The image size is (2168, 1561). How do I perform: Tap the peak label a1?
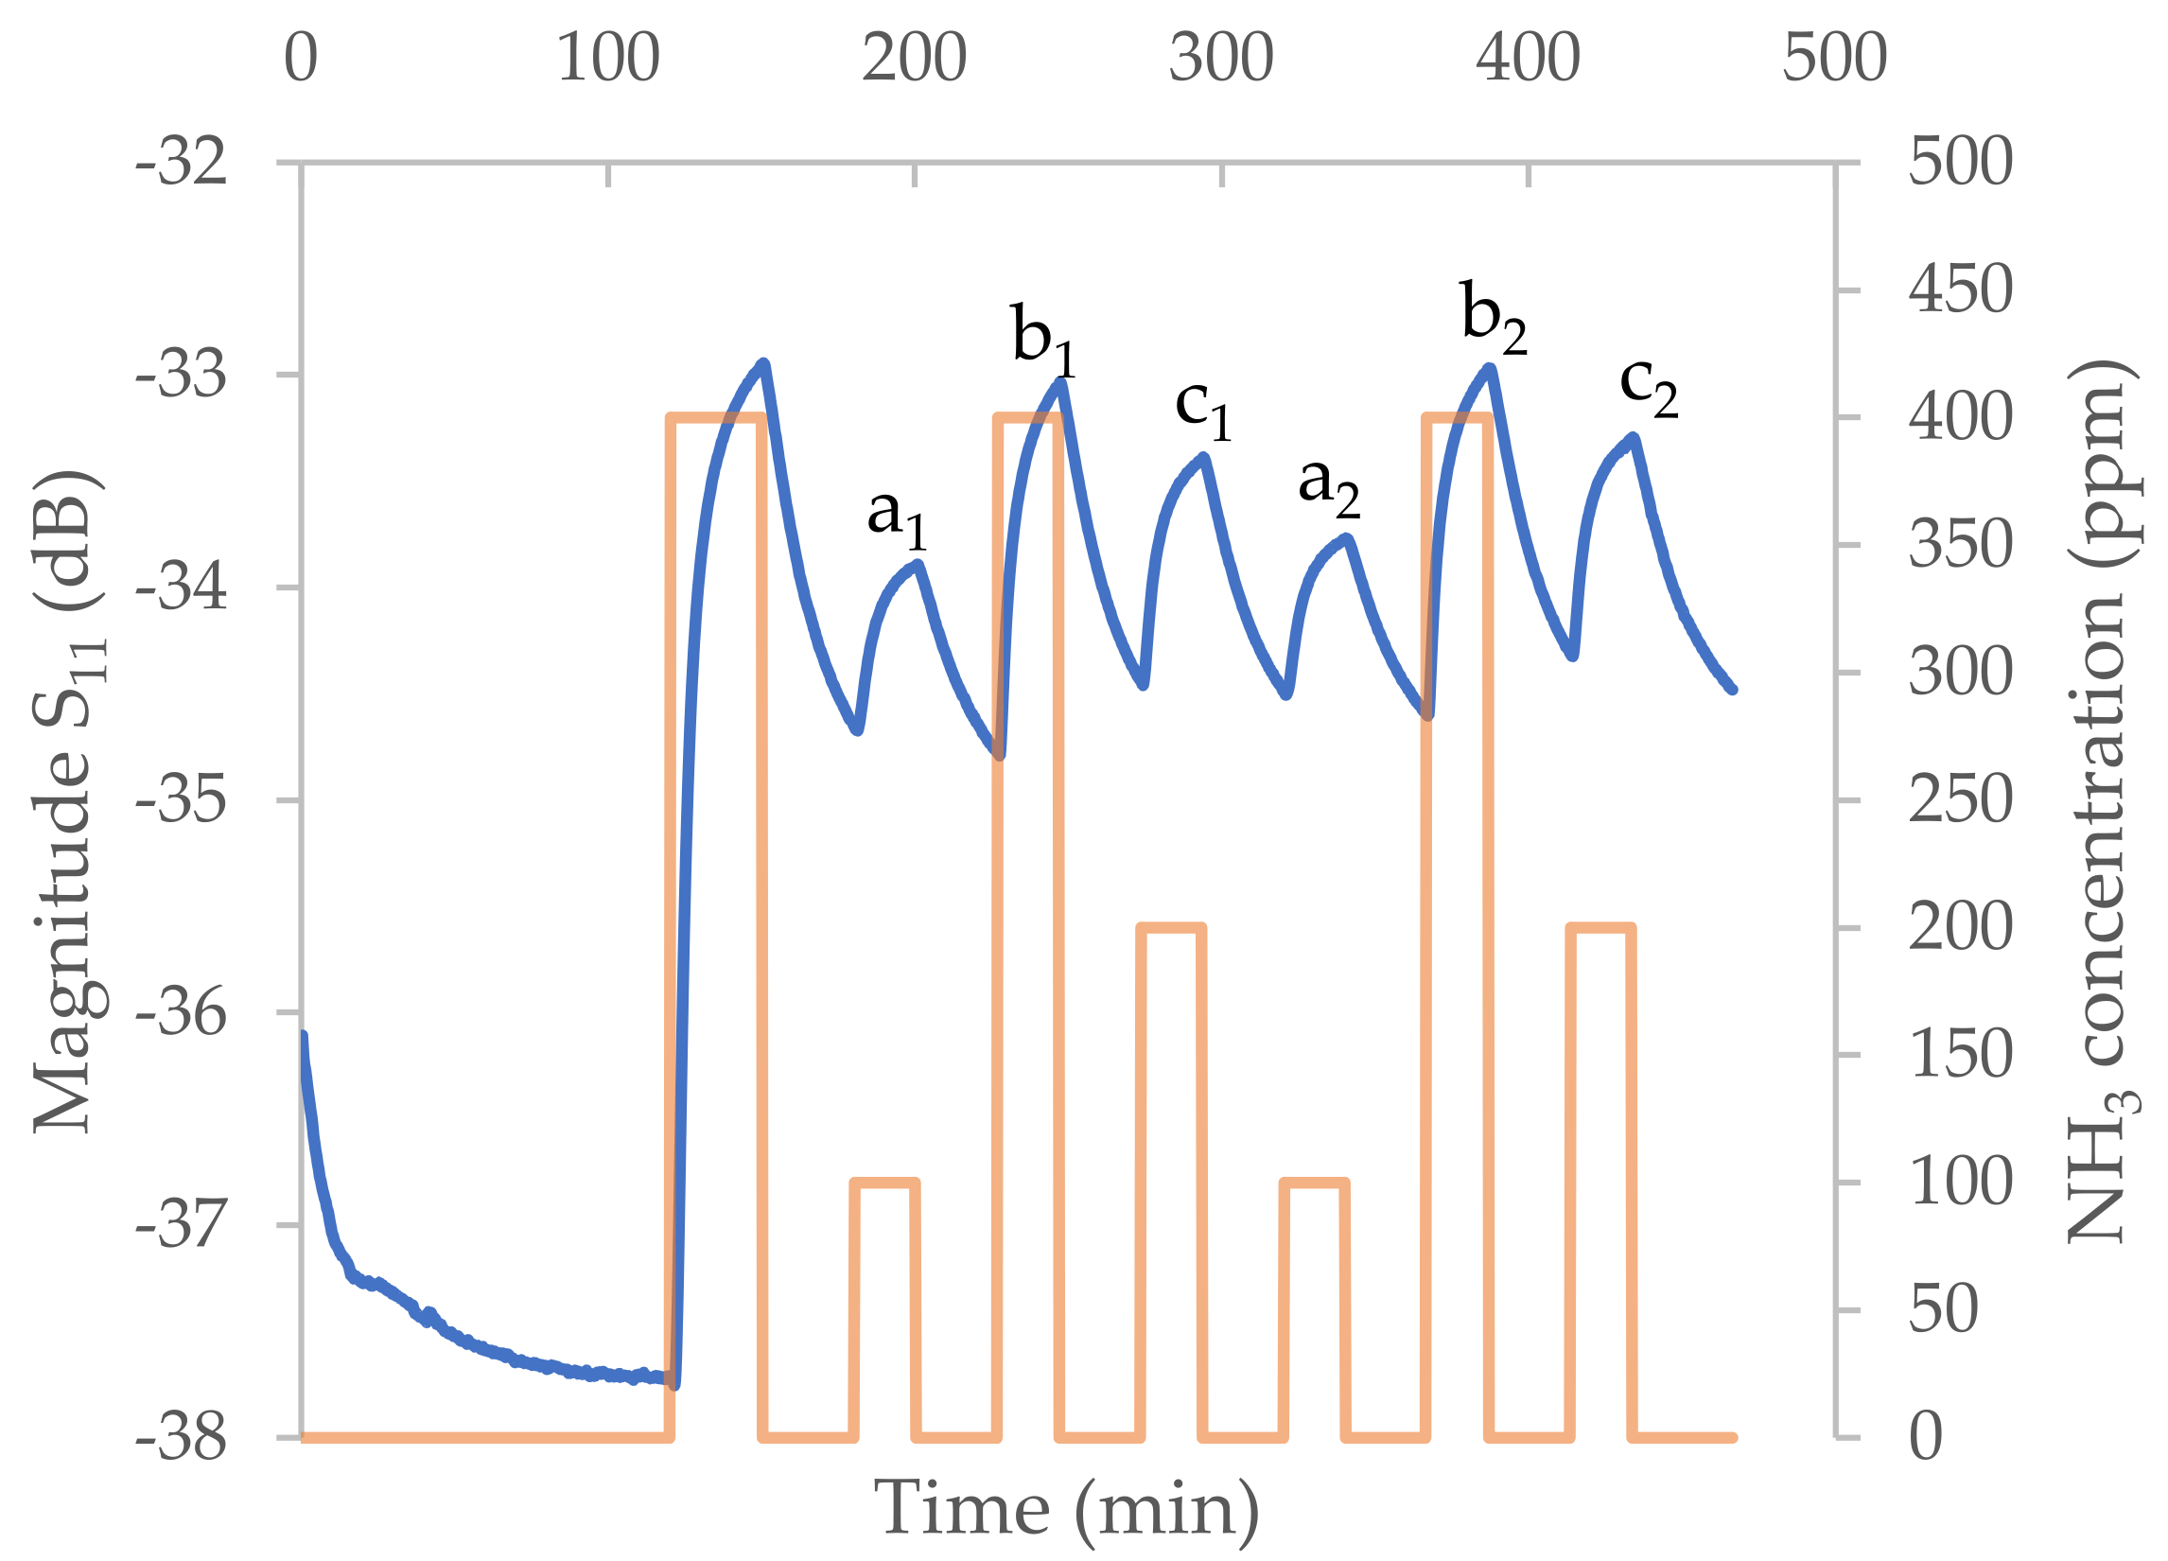[x=896, y=517]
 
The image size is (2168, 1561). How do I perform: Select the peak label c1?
[x=1202, y=409]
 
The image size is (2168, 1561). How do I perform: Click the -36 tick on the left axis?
[x=182, y=1012]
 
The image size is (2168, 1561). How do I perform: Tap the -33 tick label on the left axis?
[x=182, y=374]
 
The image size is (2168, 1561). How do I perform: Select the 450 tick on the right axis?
[x=1960, y=289]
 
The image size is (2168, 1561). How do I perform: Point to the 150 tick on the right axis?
[x=1960, y=1055]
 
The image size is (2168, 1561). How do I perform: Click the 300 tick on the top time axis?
[x=1221, y=58]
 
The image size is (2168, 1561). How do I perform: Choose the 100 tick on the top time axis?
[x=608, y=58]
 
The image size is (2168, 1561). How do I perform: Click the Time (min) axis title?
[x=1067, y=1507]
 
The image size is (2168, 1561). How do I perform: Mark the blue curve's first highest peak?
[x=762, y=363]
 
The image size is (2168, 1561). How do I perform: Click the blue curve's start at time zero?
[x=303, y=1035]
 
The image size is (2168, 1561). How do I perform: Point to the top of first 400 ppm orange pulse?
[x=717, y=418]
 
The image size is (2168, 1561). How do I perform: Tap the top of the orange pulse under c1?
[x=1171, y=928]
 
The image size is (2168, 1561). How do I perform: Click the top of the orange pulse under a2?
[x=1315, y=1184]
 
